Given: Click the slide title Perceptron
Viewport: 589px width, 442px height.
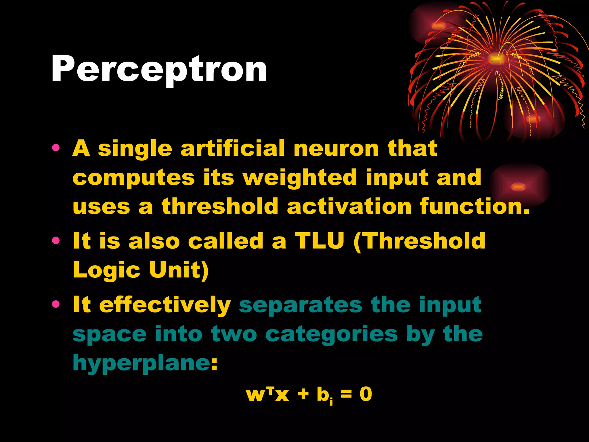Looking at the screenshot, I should coord(159,69).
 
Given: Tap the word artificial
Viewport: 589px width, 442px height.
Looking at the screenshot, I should coord(233,148).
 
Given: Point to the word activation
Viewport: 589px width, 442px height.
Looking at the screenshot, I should coord(349,206).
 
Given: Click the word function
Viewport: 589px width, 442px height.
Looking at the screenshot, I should coord(474,206).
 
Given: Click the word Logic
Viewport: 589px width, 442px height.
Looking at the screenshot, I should coord(106,270).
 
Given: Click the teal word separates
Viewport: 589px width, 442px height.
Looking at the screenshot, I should coord(301,305).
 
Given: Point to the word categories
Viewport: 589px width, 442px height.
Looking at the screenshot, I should coord(332,334).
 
